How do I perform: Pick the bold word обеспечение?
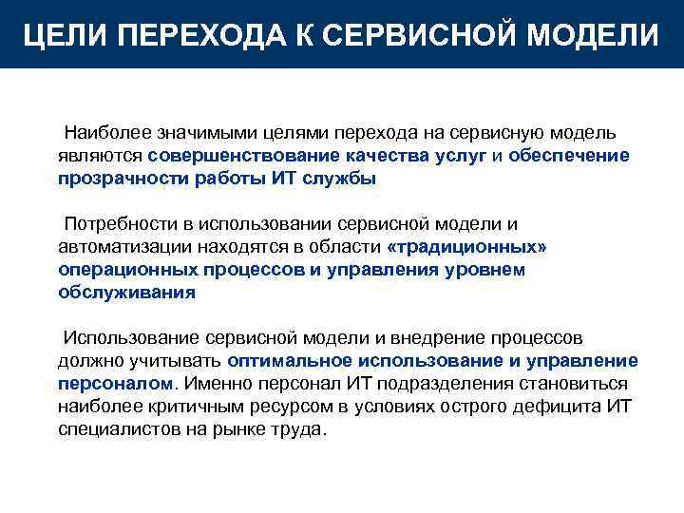pyautogui.click(x=568, y=155)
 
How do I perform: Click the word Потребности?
pyautogui.click(x=117, y=224)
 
